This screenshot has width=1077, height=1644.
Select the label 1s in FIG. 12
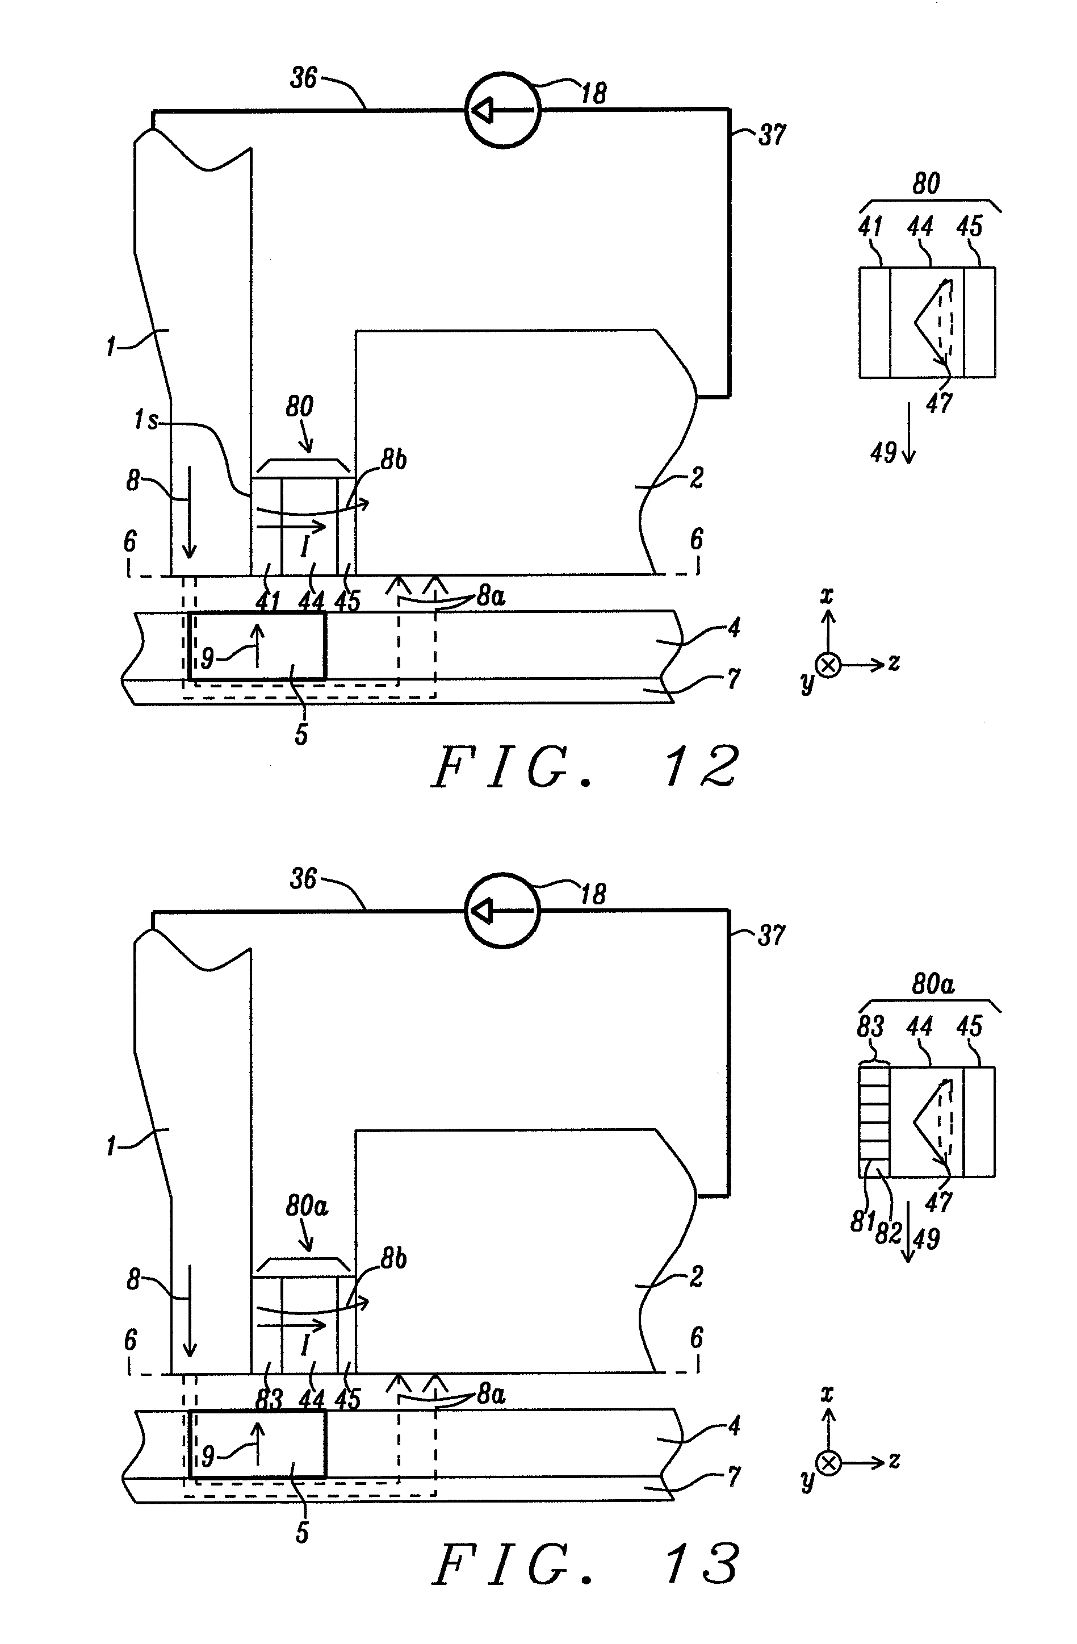pyautogui.click(x=146, y=419)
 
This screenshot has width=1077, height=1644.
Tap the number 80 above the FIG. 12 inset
pyautogui.click(x=926, y=183)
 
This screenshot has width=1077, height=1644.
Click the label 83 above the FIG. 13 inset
pyautogui.click(x=870, y=1027)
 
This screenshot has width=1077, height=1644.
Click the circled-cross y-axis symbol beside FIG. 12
pyautogui.click(x=828, y=665)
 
